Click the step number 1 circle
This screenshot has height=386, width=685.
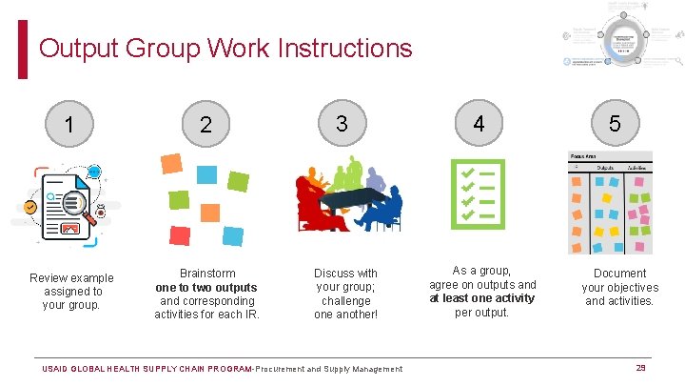click(68, 125)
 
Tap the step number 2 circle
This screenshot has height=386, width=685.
click(205, 125)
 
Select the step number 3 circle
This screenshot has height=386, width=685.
click(342, 123)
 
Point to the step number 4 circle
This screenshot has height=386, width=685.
click(479, 123)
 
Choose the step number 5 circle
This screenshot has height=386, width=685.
click(615, 123)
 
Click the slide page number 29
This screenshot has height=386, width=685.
click(641, 368)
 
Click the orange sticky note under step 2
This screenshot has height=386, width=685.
click(171, 163)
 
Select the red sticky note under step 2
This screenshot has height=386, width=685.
click(179, 235)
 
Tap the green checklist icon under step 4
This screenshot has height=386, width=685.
click(477, 194)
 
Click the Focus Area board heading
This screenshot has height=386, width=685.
click(583, 156)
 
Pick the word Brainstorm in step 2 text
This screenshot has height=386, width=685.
click(207, 274)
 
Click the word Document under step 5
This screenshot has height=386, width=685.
click(619, 274)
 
